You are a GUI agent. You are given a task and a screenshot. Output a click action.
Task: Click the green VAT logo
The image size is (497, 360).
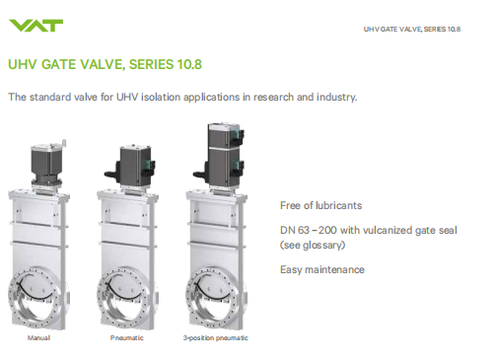click(x=35, y=26)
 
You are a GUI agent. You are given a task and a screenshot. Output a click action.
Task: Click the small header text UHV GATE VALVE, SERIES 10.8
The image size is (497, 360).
click(x=412, y=30)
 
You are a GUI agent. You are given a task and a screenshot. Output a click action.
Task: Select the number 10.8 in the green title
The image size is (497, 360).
click(x=189, y=64)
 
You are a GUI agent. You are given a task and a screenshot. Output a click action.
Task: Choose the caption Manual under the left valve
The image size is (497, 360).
click(x=38, y=338)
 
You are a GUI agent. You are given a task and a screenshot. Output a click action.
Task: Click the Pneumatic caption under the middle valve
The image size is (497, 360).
click(x=127, y=338)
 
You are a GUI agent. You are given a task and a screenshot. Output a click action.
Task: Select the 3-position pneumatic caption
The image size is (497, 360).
click(x=216, y=338)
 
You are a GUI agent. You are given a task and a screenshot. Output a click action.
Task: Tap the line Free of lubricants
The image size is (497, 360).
click(x=320, y=205)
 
